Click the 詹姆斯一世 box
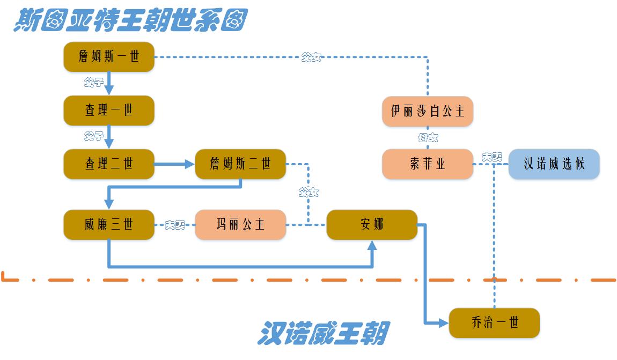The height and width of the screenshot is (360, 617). [x=109, y=57]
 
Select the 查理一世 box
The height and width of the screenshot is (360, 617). [x=109, y=111]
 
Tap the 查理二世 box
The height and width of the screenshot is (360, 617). [x=109, y=164]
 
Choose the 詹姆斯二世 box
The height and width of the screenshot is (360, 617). [x=240, y=164]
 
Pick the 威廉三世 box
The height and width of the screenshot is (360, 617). [x=109, y=225]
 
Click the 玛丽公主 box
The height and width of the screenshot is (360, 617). [x=240, y=225]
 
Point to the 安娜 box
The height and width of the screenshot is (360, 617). [x=372, y=225]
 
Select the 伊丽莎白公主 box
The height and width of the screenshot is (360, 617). [x=428, y=111]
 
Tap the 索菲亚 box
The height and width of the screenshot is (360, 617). [x=428, y=164]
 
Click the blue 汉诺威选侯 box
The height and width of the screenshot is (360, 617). [x=554, y=164]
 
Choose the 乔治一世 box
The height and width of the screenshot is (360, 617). [x=494, y=323]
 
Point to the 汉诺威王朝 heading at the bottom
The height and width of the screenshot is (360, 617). [x=324, y=333]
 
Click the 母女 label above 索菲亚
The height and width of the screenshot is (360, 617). [x=428, y=138]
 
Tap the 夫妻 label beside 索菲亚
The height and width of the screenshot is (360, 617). [x=491, y=157]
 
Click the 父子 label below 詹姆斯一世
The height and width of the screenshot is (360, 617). [x=93, y=83]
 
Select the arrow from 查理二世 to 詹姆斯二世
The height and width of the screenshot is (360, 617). [x=174, y=164]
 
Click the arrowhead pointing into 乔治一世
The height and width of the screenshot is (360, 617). [x=443, y=323]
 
